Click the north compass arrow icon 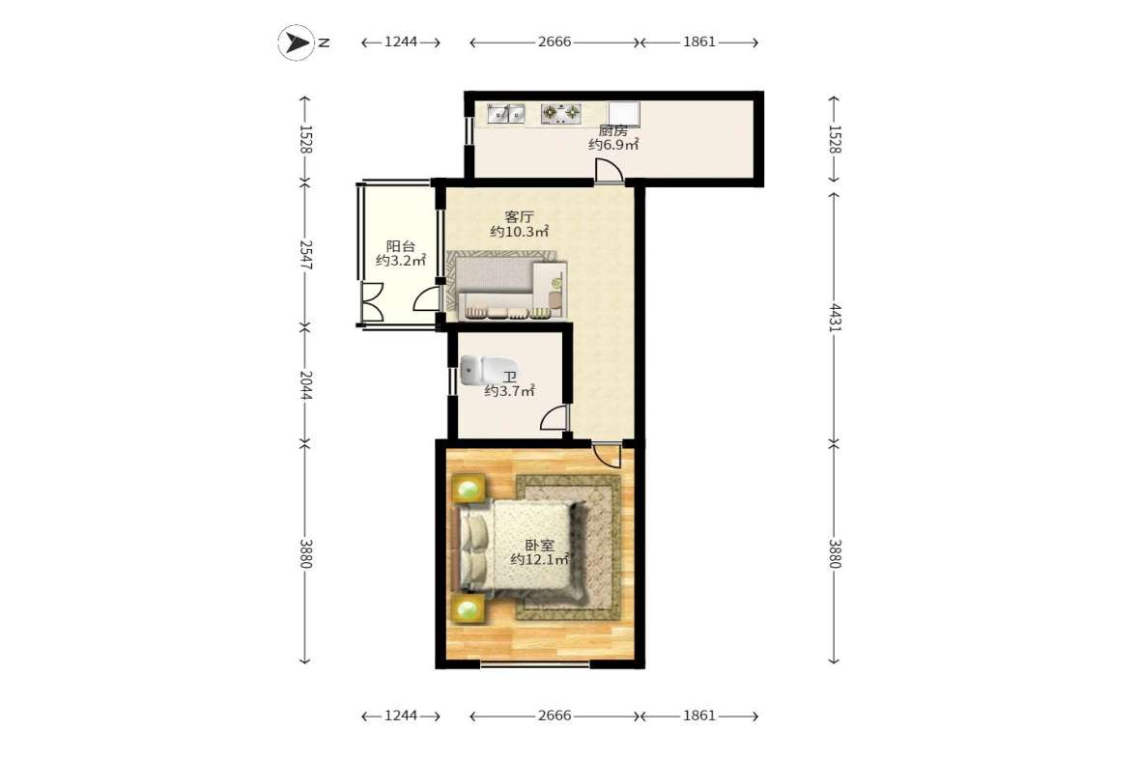(296, 42)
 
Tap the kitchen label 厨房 (612, 131)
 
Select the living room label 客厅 (519, 216)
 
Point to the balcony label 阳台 (400, 246)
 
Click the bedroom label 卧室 (539, 545)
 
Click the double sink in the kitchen (505, 114)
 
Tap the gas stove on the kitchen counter (561, 113)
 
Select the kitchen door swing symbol (609, 171)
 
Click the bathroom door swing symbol (554, 418)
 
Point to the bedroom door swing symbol (607, 454)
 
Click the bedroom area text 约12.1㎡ (539, 559)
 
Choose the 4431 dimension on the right (835, 318)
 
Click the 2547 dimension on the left (305, 255)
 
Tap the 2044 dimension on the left (305, 385)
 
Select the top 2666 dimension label (554, 42)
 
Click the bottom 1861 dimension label (699, 716)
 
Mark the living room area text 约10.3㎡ (519, 232)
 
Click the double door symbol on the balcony (372, 301)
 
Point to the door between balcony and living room (426, 298)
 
